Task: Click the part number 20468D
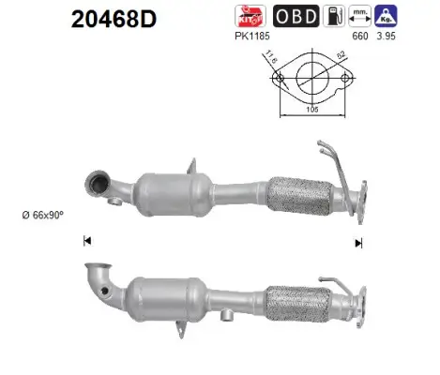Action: (114, 20)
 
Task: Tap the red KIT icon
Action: (250, 16)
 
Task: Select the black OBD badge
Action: (296, 16)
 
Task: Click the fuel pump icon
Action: (334, 16)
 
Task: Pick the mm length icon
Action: (360, 16)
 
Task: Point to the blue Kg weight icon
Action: (386, 16)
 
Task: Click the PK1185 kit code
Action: (252, 37)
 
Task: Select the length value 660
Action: (360, 37)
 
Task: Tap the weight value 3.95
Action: (386, 37)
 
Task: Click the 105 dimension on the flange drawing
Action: (312, 110)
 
